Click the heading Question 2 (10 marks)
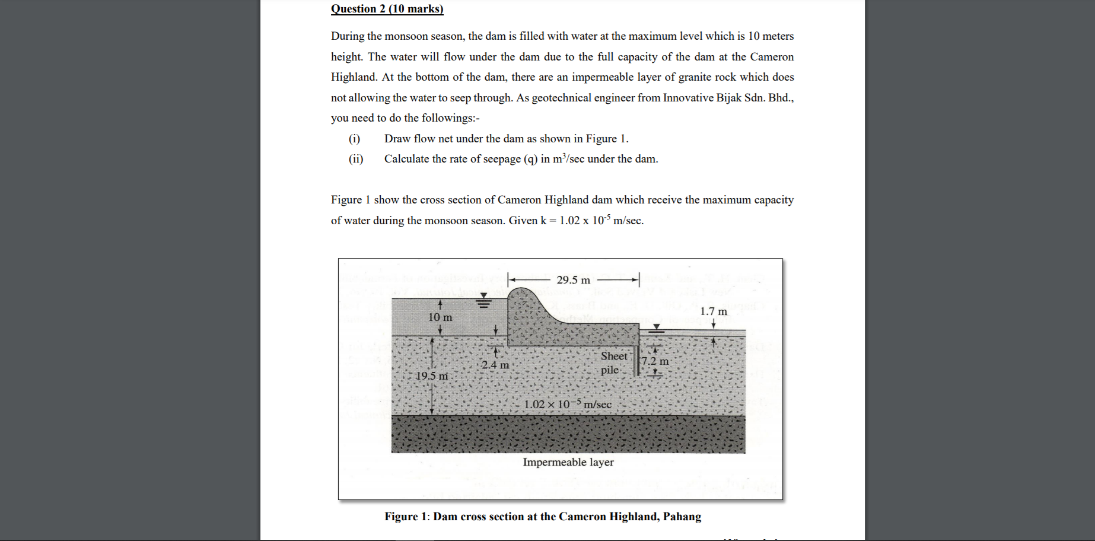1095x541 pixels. (387, 9)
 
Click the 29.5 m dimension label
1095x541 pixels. (573, 280)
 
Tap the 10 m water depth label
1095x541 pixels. (440, 317)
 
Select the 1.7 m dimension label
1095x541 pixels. (713, 311)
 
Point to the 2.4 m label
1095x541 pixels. (495, 365)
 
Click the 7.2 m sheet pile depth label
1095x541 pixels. (655, 361)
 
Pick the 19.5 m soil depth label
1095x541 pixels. (432, 375)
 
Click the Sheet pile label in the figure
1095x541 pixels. (613, 362)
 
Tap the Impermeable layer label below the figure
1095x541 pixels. (568, 462)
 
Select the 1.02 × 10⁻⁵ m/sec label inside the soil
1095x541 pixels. (567, 404)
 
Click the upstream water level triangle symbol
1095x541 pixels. (484, 295)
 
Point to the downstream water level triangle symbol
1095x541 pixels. (656, 327)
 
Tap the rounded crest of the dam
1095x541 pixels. (522, 292)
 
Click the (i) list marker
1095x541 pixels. (354, 139)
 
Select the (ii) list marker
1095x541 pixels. (356, 159)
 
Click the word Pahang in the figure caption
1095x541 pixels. (682, 517)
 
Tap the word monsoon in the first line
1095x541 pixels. (406, 36)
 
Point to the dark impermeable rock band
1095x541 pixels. (568, 434)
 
